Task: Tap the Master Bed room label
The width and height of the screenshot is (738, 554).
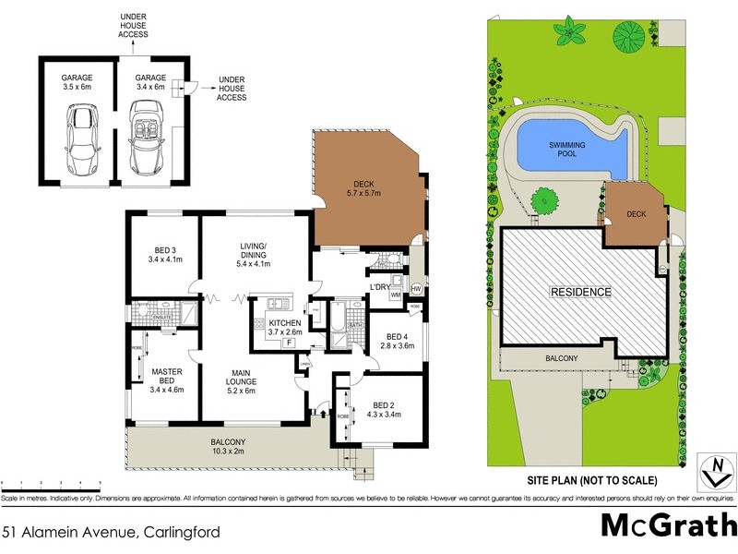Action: coord(167,379)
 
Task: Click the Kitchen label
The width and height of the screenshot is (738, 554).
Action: coord(285,327)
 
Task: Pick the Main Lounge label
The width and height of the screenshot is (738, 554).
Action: coord(252,380)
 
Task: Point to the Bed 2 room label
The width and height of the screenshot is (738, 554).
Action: coord(383,410)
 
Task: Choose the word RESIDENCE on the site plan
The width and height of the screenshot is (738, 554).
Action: coord(580,292)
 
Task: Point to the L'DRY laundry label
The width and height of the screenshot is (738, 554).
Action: coord(382,288)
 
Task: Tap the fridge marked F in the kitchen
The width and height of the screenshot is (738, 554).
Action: coord(291,343)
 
